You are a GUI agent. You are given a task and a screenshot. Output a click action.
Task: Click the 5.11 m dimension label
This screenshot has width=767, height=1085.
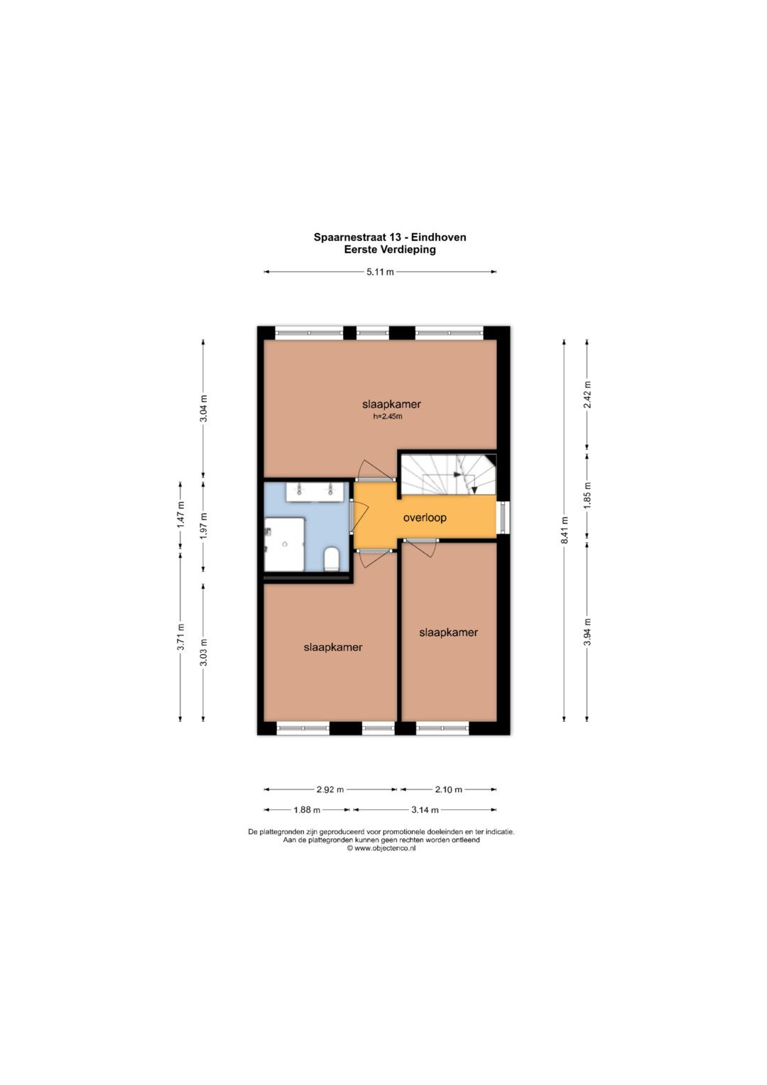(380, 272)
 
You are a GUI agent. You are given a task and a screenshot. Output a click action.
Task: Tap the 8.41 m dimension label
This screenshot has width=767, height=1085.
(564, 531)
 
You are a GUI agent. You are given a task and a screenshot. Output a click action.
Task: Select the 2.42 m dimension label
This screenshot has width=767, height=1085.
(587, 395)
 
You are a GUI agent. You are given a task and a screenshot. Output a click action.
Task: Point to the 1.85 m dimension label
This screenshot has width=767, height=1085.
(587, 495)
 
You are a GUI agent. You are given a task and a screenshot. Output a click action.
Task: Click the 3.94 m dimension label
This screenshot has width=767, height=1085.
(587, 632)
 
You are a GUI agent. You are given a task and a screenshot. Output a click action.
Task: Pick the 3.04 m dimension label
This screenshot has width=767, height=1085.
(204, 409)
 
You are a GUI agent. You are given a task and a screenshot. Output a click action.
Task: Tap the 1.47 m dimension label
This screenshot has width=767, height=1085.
(180, 514)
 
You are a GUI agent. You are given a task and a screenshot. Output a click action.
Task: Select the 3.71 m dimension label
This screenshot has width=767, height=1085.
(180, 638)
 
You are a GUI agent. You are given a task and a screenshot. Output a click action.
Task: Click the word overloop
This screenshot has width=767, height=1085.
(425, 518)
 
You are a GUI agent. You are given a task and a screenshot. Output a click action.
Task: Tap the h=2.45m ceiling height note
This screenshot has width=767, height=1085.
(388, 416)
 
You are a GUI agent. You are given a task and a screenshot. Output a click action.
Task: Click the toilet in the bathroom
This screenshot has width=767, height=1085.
(332, 558)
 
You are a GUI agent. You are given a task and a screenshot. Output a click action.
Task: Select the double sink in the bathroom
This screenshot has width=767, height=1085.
(317, 492)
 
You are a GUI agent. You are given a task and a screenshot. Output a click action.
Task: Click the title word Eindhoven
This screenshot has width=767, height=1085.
(439, 237)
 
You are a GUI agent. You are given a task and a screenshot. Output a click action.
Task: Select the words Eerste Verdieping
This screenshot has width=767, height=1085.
(390, 250)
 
